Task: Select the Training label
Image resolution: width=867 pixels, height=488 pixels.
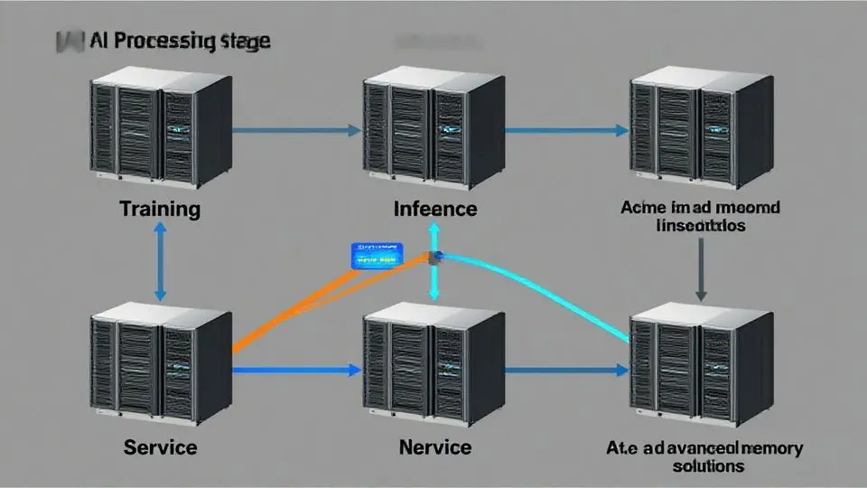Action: coord(160,210)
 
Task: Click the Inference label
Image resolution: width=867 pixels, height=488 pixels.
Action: coord(435,210)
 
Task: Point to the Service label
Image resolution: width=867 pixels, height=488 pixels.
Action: coord(160,447)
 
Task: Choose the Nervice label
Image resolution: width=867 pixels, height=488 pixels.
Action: coord(434,447)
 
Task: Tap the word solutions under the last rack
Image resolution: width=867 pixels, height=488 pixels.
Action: coord(709,466)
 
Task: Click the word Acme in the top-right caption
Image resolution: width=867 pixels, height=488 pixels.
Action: coord(643,207)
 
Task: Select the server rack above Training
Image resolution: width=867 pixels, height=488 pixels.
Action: coord(160,131)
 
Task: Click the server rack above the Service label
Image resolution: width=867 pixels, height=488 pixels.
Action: coord(161,366)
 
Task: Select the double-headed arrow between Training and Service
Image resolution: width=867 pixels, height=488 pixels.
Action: coord(160,262)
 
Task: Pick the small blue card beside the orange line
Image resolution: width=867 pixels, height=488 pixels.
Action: coord(377,254)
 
